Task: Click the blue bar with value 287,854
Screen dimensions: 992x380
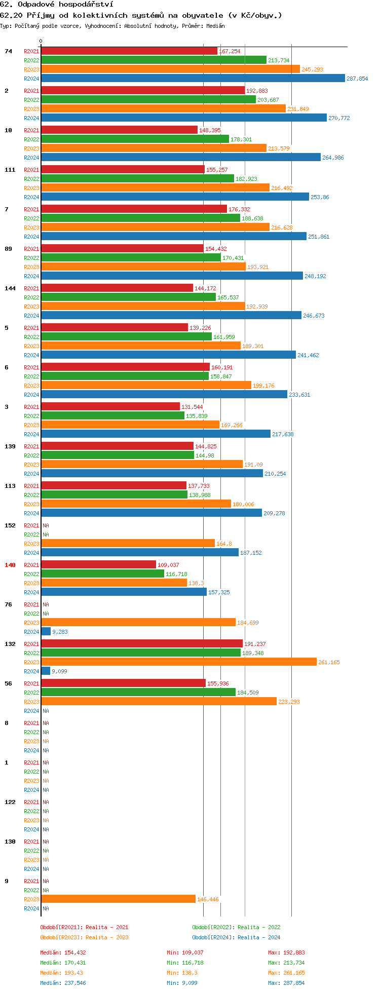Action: pyautogui.click(x=193, y=79)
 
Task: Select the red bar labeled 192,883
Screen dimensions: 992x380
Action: pyautogui.click(x=143, y=91)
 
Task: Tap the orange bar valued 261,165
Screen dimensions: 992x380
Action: pyautogui.click(x=178, y=662)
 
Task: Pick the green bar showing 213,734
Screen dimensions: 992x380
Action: pyautogui.click(x=154, y=60)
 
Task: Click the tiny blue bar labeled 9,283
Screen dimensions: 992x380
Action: pyautogui.click(x=46, y=632)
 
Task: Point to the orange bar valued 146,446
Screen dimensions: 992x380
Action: pyautogui.click(x=118, y=899)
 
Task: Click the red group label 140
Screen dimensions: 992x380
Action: pyautogui.click(x=10, y=565)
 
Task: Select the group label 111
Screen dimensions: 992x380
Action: pyautogui.click(x=10, y=170)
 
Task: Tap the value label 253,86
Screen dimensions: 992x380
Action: pyautogui.click(x=320, y=197)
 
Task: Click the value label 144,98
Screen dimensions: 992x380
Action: pyautogui.click(x=205, y=455)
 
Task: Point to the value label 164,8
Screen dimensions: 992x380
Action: pyautogui.click(x=224, y=544)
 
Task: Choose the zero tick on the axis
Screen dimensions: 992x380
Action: pyautogui.click(x=41, y=42)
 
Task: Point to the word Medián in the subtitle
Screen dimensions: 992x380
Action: pyautogui.click(x=216, y=26)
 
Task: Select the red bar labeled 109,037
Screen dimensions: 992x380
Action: pyautogui.click(x=98, y=565)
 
